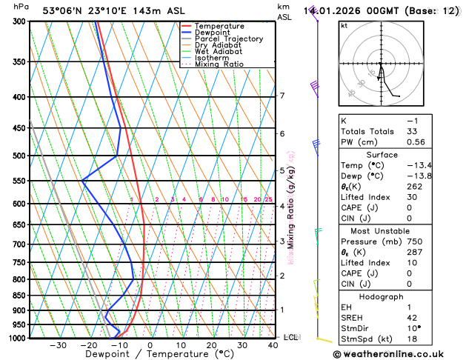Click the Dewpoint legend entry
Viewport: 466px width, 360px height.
(212, 33)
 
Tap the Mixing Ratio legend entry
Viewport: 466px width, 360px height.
(219, 64)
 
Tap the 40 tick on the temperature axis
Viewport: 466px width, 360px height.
(273, 345)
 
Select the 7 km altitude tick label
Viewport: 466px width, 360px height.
(282, 96)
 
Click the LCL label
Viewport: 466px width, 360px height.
(290, 337)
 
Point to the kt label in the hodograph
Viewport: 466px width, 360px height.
(344, 25)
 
